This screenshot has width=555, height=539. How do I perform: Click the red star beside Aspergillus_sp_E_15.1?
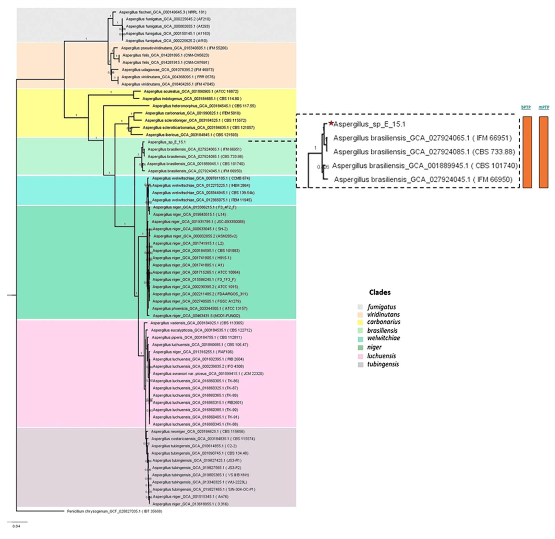click(x=331, y=123)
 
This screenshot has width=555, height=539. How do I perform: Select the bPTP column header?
click(x=526, y=107)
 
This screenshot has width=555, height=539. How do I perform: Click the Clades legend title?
click(x=380, y=292)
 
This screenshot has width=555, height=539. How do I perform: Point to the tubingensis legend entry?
click(x=383, y=364)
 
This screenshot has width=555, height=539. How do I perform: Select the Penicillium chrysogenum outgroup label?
click(x=114, y=511)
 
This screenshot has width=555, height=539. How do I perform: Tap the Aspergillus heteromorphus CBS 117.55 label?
click(x=204, y=106)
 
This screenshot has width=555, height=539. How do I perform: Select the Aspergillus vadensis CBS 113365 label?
click(x=197, y=323)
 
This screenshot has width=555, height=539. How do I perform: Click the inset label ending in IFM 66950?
click(x=423, y=179)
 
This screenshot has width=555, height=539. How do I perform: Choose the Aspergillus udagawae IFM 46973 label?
click(x=168, y=70)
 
